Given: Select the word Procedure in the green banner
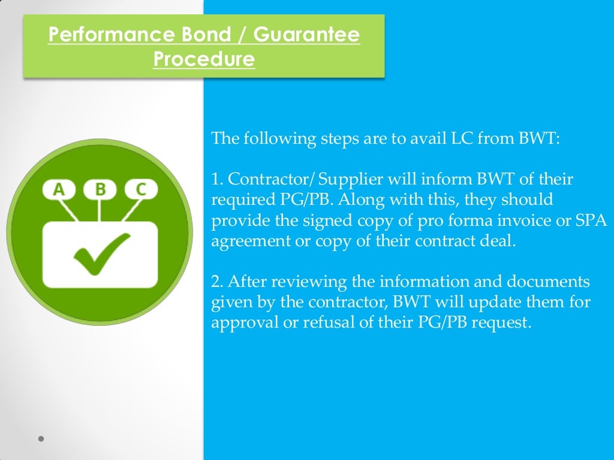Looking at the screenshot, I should pos(204,60).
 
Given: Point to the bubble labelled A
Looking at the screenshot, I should pos(59,190).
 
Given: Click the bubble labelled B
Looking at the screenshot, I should pos(100,190).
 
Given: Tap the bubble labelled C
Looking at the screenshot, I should pos(141,190).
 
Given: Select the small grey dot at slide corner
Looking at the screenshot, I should pos(41,439).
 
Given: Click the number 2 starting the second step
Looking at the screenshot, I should pos(215,281).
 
